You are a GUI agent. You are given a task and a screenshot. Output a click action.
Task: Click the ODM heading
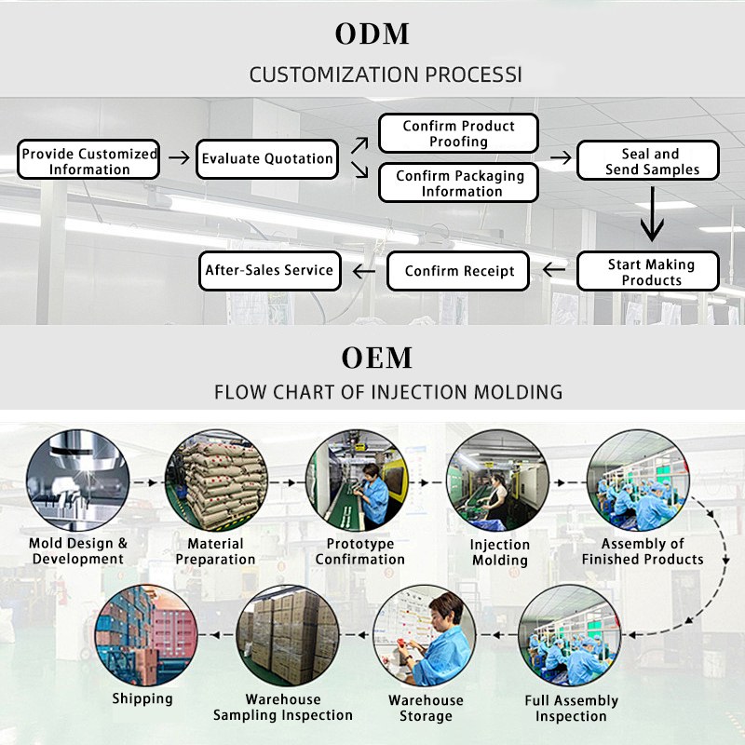372,34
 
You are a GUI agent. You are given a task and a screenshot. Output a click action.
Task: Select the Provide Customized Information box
89,160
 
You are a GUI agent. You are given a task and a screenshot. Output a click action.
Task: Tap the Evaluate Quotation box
267,158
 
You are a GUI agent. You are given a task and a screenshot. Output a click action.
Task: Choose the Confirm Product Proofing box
458,133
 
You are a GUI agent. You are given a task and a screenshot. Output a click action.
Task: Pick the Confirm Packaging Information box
458,183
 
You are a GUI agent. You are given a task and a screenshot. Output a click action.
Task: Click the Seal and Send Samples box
649,160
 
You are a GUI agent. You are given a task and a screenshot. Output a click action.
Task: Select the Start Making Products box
649,271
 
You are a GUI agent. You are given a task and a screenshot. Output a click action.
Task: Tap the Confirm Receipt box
459,271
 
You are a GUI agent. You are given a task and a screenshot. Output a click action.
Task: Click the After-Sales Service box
269,270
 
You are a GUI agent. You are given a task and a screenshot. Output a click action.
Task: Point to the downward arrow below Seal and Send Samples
652,216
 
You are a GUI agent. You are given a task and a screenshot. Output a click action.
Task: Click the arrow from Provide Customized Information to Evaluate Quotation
177,159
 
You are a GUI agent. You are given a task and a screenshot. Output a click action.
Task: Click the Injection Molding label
499,552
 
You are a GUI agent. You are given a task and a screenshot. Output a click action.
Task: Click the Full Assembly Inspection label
571,708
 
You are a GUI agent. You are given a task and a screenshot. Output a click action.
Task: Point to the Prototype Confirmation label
360,551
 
